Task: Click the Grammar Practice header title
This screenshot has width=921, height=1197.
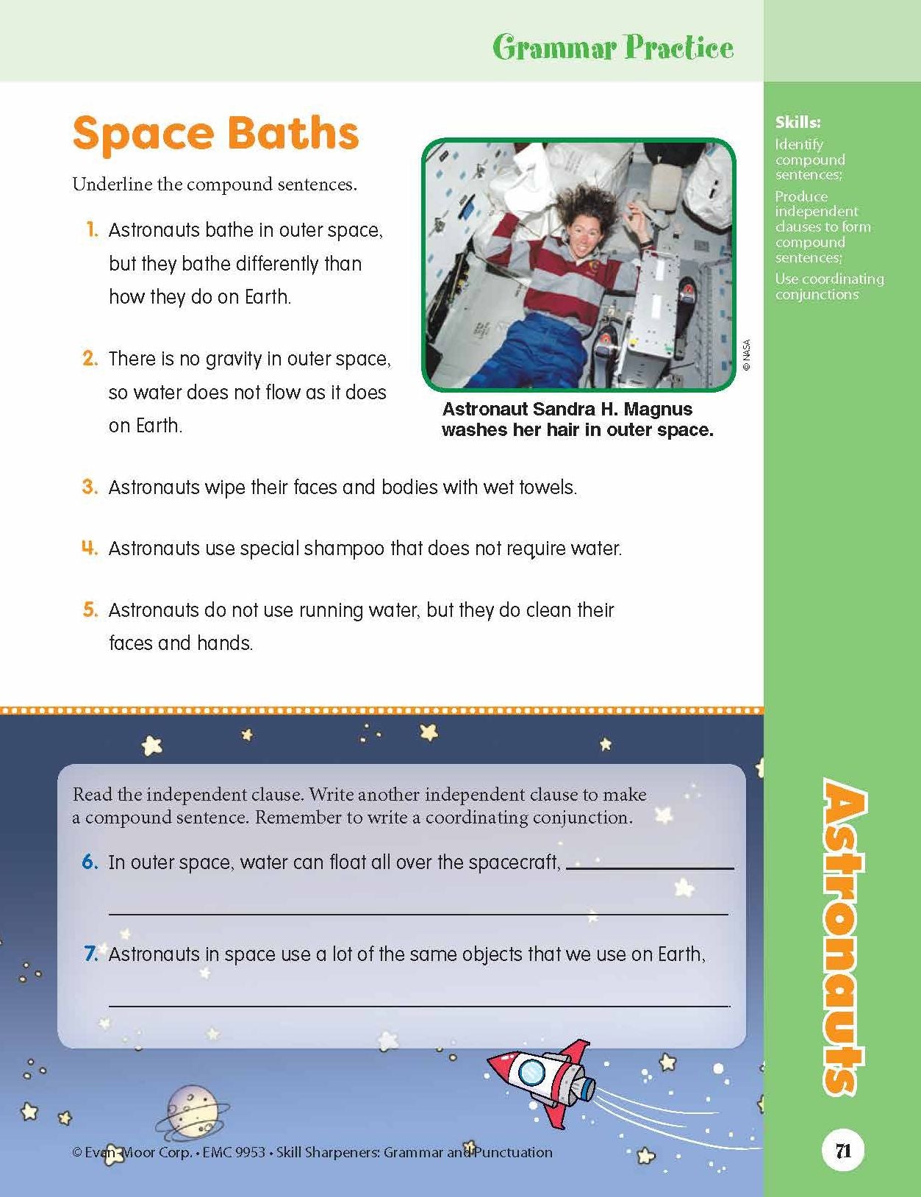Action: point(612,49)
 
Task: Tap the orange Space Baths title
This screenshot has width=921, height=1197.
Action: point(215,133)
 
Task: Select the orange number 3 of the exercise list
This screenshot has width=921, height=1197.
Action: point(90,487)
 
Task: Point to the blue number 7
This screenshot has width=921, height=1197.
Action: point(91,954)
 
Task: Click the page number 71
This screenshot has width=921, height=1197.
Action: point(843,1150)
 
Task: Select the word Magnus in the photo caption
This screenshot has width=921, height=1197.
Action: point(659,410)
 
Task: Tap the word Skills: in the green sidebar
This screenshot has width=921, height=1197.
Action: point(798,123)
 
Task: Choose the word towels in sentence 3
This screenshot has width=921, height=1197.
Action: point(547,487)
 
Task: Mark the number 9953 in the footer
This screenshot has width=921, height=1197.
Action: point(248,1152)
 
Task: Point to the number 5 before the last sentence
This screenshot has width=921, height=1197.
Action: point(90,610)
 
